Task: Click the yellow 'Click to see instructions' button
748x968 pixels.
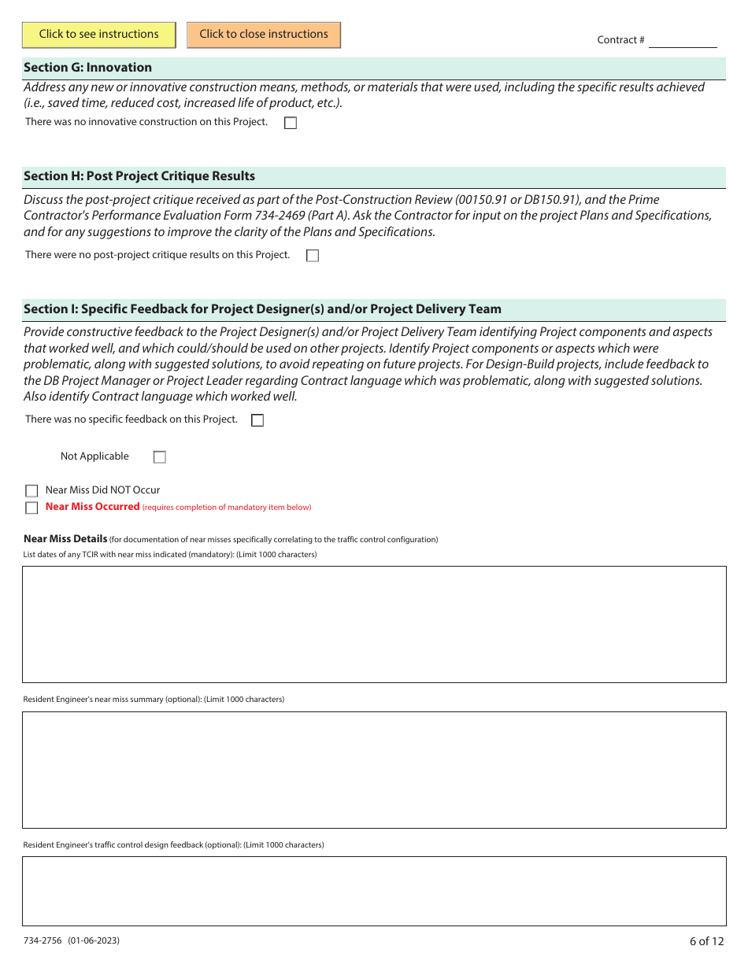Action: click(99, 34)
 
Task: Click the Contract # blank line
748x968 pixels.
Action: click(682, 41)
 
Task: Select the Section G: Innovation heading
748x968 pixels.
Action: click(87, 68)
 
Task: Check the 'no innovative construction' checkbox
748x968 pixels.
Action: click(291, 123)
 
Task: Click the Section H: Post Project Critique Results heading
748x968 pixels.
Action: click(139, 176)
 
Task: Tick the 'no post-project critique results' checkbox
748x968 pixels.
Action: click(313, 256)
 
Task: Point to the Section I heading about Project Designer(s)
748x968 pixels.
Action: click(262, 309)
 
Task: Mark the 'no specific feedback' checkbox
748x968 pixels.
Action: click(257, 420)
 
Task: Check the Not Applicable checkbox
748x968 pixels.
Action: click(160, 457)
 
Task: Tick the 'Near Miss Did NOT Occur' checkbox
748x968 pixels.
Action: click(31, 491)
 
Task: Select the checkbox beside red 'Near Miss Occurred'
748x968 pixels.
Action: click(31, 508)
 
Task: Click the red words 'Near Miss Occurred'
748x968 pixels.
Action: click(92, 507)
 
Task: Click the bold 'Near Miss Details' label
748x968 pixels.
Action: click(65, 539)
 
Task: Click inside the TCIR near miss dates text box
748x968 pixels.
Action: click(374, 624)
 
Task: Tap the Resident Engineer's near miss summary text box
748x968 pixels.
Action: click(374, 770)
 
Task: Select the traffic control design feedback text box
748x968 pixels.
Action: click(374, 891)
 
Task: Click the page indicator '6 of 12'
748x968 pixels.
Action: click(706, 941)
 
